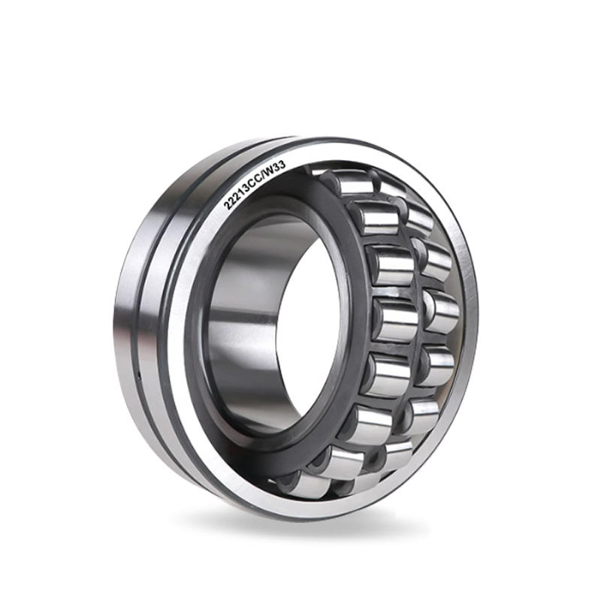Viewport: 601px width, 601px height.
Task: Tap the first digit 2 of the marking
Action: tap(227, 205)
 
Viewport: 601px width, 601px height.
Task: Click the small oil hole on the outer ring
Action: tap(139, 371)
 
